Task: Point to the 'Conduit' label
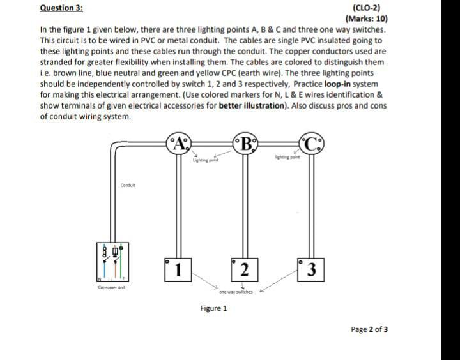[x=128, y=186]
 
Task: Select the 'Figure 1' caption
[x=213, y=308]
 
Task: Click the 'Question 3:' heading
[x=56, y=8]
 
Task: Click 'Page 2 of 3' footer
[x=369, y=329]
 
